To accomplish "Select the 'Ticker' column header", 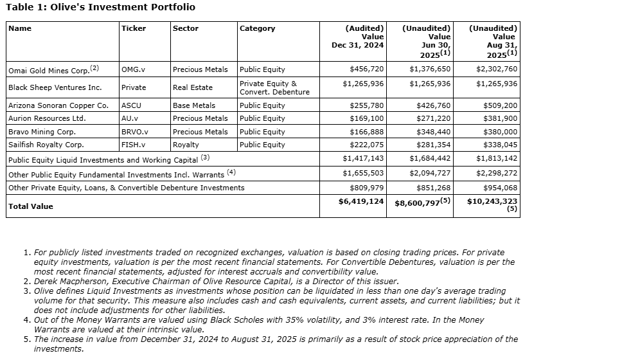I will [x=134, y=28].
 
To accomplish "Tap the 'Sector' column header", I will [x=186, y=28].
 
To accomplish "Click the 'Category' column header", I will [x=257, y=28].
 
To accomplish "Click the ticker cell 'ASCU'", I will [x=132, y=105].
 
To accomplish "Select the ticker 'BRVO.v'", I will [x=135, y=132].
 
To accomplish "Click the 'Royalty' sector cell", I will [x=186, y=145].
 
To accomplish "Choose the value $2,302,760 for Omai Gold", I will [x=496, y=69].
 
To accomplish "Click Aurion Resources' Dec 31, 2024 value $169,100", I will [x=366, y=118].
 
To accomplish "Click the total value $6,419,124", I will [x=361, y=201].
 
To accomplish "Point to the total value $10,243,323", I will [x=492, y=201].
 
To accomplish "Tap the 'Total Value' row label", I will [x=31, y=206].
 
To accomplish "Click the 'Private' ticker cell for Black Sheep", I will [x=134, y=87].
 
